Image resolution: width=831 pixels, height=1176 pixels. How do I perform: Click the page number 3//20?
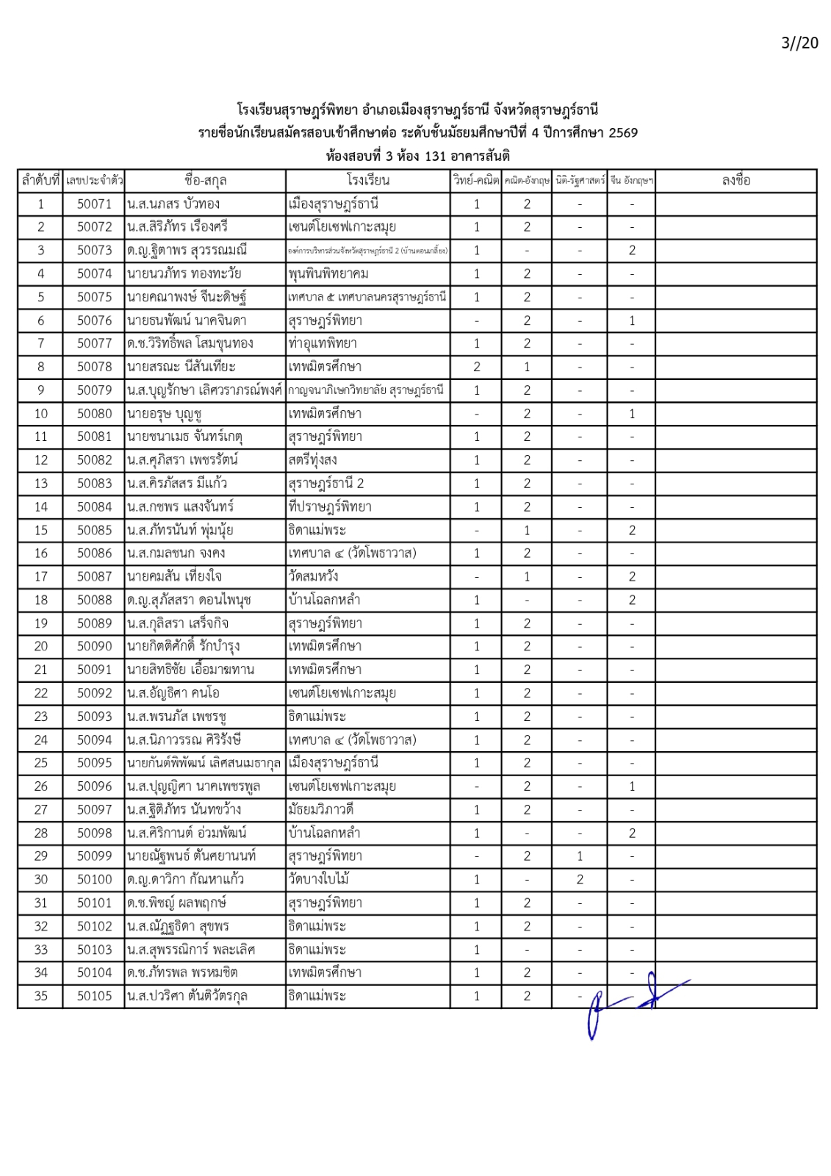(x=799, y=43)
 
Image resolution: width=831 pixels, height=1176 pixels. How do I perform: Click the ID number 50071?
(x=94, y=204)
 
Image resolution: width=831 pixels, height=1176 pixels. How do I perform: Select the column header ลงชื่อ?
(x=735, y=180)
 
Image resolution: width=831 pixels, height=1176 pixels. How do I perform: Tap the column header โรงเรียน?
(x=367, y=180)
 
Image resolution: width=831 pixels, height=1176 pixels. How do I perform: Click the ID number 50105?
(x=94, y=996)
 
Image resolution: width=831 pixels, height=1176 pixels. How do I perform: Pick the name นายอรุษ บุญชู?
(x=164, y=414)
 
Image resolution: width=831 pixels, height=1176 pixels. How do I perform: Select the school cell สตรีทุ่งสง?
(x=313, y=460)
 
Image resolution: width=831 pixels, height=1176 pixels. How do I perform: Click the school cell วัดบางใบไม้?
(x=319, y=879)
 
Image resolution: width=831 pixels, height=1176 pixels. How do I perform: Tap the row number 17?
(x=41, y=577)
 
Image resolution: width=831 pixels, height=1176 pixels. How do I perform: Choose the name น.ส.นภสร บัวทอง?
(x=173, y=204)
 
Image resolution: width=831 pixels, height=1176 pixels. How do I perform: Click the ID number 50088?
(x=94, y=600)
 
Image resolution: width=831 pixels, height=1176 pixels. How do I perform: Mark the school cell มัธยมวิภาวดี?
(x=321, y=809)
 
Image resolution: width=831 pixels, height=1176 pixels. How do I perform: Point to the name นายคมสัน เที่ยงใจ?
(x=174, y=577)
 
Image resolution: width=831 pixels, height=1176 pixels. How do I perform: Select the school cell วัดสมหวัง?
(x=313, y=577)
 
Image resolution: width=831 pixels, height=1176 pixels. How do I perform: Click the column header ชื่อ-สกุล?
(x=205, y=180)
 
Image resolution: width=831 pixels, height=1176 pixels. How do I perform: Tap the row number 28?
(x=41, y=833)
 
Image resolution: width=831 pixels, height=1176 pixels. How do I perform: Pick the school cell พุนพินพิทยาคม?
(x=328, y=273)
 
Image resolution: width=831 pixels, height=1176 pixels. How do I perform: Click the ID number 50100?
(x=94, y=879)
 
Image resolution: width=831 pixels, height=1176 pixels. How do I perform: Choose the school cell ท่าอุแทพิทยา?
(x=323, y=343)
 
